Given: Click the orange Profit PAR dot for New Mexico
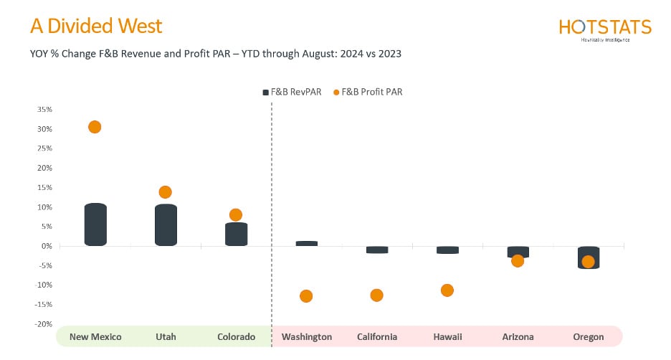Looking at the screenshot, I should point(95,127).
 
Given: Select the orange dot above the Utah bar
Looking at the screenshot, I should point(165,192).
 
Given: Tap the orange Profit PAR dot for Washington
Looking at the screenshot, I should point(306,296).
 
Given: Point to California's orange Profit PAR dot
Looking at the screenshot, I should point(376,295).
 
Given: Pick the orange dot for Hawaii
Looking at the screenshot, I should point(447,290).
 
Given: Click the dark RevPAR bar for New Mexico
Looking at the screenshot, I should point(95,225).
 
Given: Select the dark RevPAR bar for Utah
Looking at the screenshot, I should point(166,225).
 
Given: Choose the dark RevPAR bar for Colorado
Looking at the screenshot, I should point(236,235).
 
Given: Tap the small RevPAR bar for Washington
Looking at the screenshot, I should point(306,244).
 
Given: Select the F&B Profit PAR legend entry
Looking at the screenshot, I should point(368,92).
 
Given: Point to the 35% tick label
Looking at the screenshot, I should point(44,110).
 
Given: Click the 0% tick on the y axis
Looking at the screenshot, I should point(47,246).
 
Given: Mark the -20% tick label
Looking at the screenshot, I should point(44,324).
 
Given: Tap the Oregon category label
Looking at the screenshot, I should point(588,337).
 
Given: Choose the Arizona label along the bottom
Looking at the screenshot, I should point(518,337).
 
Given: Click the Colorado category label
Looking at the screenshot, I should point(236,337).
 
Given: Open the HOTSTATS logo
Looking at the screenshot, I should point(604,29).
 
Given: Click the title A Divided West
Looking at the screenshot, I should point(96,27).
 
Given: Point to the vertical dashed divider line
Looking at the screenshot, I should point(272,215).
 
